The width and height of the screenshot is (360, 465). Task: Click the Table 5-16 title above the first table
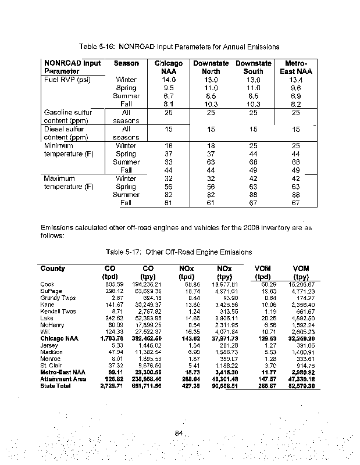(x=179, y=46)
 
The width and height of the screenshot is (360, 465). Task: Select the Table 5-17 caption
(x=179, y=252)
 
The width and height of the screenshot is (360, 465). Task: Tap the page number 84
(x=180, y=432)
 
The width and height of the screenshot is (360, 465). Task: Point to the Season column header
(x=126, y=63)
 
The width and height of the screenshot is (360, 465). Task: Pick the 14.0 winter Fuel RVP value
(x=169, y=80)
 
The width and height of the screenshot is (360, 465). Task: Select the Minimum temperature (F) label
(x=69, y=150)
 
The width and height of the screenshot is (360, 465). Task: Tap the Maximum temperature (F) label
(x=69, y=183)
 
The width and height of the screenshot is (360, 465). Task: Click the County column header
(x=52, y=269)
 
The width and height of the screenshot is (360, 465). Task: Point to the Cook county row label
(x=48, y=284)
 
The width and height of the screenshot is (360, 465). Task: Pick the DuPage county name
(x=51, y=291)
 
